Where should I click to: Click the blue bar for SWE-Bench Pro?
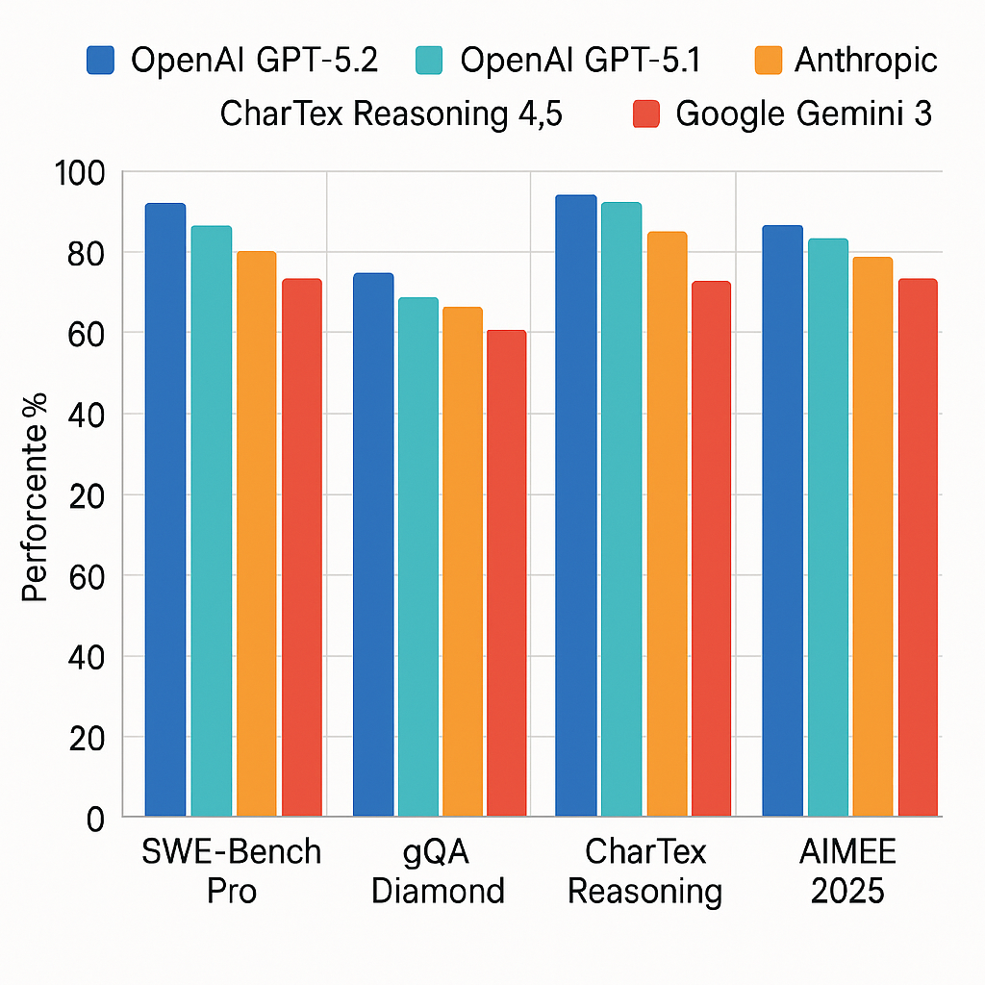164,510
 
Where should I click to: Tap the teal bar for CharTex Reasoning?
620,510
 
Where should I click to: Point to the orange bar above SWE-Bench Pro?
256,534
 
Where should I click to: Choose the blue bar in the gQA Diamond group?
373,544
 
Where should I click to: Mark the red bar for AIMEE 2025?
918,547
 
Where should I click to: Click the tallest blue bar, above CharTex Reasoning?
575,506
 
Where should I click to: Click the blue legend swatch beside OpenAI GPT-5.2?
100,61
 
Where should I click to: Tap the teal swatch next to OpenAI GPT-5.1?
429,61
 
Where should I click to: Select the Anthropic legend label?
866,61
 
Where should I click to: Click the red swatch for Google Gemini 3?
645,114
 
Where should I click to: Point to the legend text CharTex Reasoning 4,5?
391,114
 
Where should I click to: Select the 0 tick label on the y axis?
94,819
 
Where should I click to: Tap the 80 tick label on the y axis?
87,253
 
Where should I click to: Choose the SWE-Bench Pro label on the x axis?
231,871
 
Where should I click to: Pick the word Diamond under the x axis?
438,891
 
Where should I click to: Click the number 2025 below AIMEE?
847,891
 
